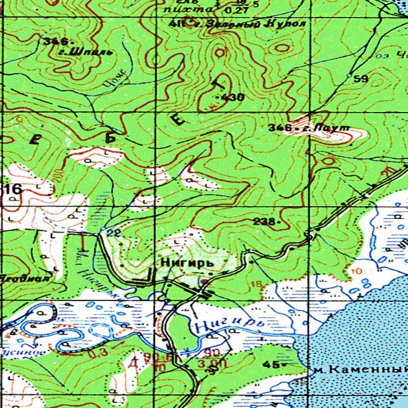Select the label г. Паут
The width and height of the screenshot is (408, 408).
click(x=331, y=127)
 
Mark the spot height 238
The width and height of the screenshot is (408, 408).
click(x=266, y=221)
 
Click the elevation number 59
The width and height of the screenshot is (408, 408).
click(x=361, y=79)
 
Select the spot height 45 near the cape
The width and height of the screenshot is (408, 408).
click(x=271, y=364)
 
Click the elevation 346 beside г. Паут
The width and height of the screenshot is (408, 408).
click(x=280, y=127)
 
